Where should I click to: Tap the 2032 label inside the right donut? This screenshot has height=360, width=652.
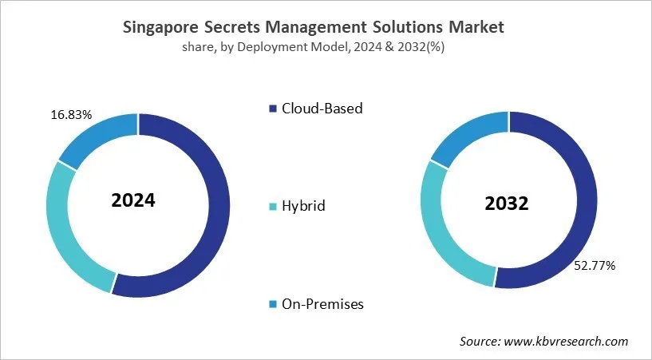coord(507,204)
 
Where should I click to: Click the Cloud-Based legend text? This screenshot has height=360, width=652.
coord(322,108)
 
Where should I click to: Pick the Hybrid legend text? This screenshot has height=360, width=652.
coord(303,206)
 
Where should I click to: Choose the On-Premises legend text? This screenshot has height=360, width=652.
coord(322,304)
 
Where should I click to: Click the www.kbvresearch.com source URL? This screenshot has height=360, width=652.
coord(568,341)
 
